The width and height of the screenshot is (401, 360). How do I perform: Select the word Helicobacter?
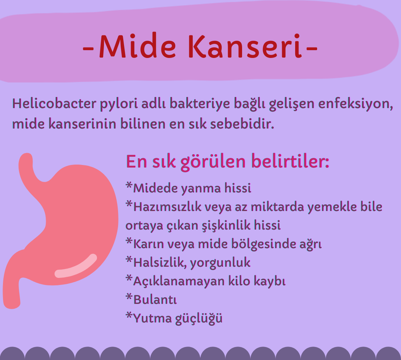point(54,103)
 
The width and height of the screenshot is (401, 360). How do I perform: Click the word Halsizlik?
point(160,262)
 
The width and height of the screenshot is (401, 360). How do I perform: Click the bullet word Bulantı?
point(155,299)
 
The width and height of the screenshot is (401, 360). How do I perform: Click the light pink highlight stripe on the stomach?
point(76,266)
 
